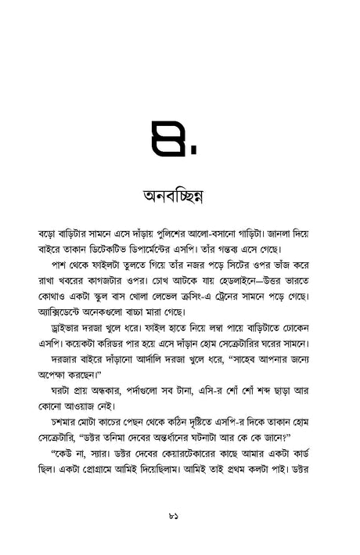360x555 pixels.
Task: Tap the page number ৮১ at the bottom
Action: [180, 515]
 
